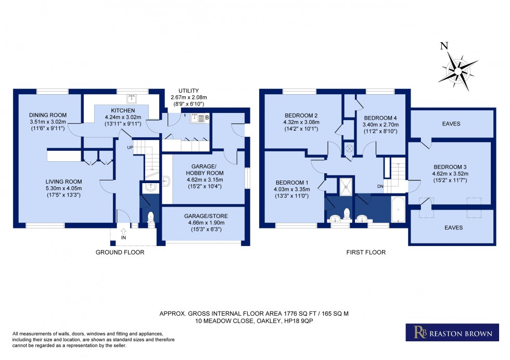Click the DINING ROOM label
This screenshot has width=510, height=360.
click(46, 115)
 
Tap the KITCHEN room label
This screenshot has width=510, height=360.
click(123, 111)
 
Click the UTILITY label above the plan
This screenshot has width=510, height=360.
click(188, 91)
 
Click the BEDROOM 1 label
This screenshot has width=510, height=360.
click(292, 182)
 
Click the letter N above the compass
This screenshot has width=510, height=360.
click(444, 45)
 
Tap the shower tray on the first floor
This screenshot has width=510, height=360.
click(346, 187)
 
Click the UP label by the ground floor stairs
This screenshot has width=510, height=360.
click(131, 147)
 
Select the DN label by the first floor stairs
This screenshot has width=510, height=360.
click(380, 186)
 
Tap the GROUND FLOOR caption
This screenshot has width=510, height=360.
click(120, 252)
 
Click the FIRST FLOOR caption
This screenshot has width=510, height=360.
click(366, 252)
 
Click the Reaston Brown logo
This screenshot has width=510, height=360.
click(449, 332)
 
